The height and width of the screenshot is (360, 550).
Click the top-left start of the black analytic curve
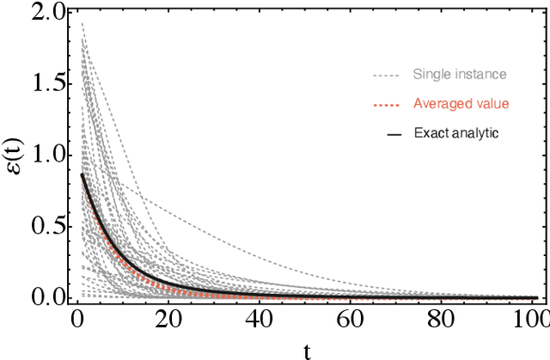82,175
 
